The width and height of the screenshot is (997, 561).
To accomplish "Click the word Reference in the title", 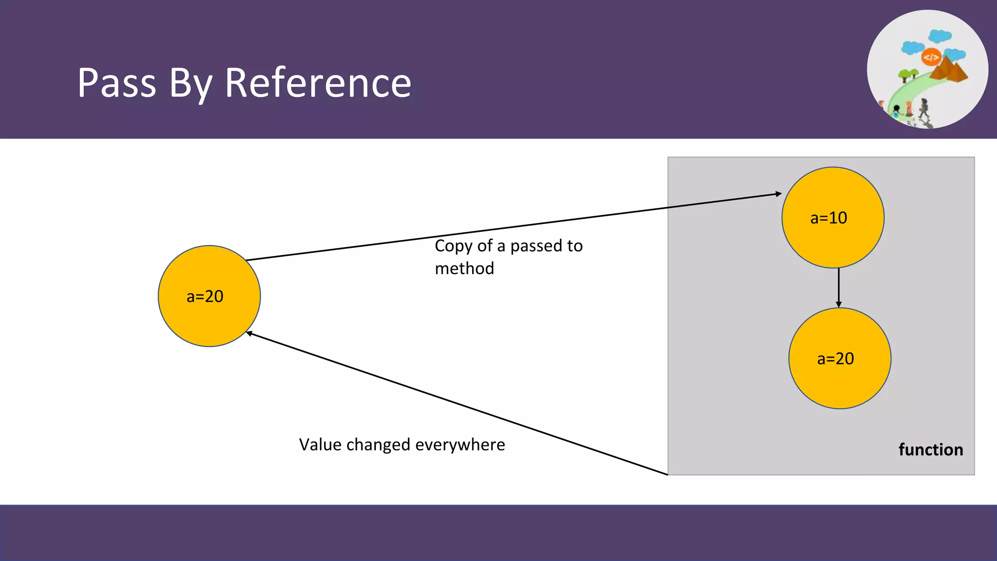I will click(318, 83).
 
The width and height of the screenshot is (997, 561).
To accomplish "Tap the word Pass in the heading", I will click(117, 83).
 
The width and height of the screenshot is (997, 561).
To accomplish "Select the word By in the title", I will click(190, 84).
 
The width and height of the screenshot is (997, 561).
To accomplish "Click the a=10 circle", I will click(832, 218).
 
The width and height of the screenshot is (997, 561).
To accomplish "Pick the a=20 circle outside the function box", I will click(209, 296).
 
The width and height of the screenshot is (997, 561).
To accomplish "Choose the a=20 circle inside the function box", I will click(839, 358).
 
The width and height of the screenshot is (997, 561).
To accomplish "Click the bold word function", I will click(930, 449).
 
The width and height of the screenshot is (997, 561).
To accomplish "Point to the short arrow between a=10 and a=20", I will click(838, 287).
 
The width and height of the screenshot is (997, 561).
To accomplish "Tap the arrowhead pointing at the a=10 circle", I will click(778, 194).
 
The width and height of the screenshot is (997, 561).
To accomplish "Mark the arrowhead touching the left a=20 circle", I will click(249, 334).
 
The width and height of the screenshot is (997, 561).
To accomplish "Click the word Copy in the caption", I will click(453, 246).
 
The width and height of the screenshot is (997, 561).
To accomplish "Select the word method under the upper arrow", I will click(464, 268).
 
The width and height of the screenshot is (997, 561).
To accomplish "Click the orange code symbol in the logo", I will click(931, 57).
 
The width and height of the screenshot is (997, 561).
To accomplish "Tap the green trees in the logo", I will click(907, 75).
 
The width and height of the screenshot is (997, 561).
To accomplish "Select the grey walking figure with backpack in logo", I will click(923, 108).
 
